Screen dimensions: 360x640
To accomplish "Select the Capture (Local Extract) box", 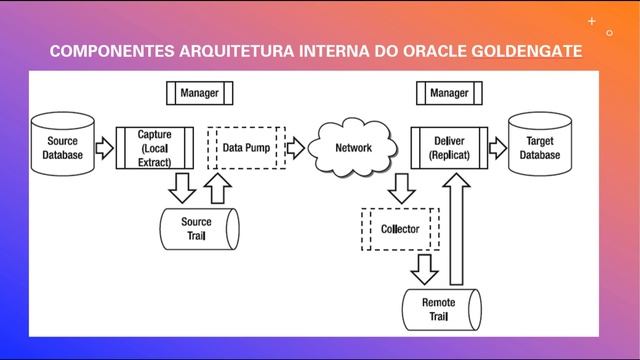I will (155, 148).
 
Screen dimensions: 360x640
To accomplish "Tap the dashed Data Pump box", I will (245, 148).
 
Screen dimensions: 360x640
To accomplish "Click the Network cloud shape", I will (352, 149).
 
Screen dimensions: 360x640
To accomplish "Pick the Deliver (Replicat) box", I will (449, 148).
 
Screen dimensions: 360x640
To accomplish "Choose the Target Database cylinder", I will (540, 148).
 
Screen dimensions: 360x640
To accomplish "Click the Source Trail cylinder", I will (200, 228).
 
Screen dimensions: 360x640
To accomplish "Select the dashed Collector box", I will (400, 229).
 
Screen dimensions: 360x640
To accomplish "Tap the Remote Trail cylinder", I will (440, 309).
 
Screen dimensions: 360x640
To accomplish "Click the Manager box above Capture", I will (200, 93).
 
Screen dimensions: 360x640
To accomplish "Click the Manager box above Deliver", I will (449, 93).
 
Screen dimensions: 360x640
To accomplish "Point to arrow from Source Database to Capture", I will (104, 149).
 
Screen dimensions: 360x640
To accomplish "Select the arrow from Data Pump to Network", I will (295, 149).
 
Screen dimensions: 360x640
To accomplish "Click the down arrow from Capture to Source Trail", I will (182, 186).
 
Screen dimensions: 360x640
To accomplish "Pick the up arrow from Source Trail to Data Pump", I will (219, 186).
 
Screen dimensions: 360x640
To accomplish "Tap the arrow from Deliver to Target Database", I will (497, 149).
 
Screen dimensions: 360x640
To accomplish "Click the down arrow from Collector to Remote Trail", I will (425, 268).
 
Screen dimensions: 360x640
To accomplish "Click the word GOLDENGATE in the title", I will (527, 49).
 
